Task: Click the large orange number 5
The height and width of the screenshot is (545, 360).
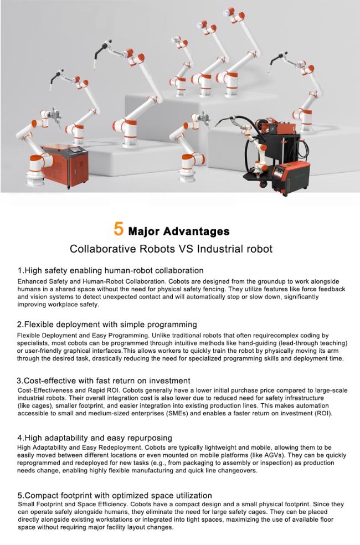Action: [119, 229]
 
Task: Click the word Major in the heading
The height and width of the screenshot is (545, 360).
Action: [143, 232]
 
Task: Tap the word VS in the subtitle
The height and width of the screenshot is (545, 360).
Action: [186, 249]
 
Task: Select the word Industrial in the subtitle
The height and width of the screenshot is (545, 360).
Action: [220, 249]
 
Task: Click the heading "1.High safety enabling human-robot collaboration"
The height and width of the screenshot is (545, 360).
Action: [111, 270]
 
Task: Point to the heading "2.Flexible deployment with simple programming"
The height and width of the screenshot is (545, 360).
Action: [107, 325]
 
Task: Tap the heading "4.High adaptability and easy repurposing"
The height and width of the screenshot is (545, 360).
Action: [95, 438]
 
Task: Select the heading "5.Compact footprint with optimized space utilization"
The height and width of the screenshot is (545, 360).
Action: [115, 495]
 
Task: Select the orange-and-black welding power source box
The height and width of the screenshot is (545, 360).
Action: [291, 178]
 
